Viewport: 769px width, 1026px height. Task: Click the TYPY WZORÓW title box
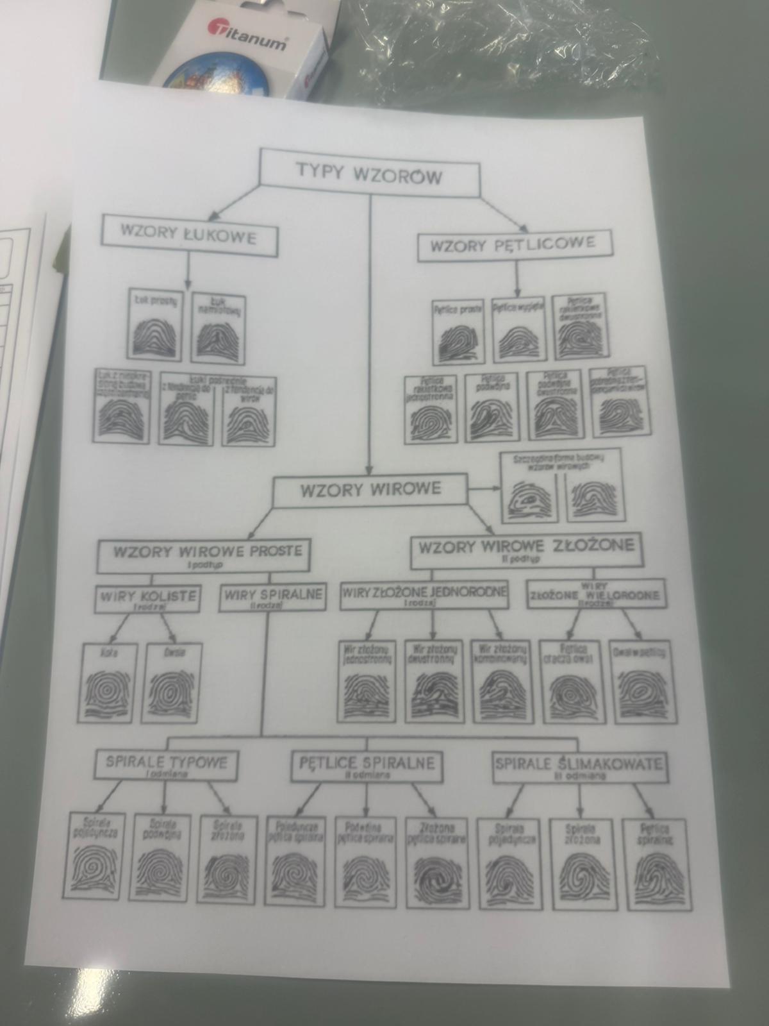(x=369, y=173)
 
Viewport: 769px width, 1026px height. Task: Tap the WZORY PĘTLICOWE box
(x=514, y=245)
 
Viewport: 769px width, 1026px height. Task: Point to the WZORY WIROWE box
(x=371, y=491)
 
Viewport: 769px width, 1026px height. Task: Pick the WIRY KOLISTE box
(x=148, y=599)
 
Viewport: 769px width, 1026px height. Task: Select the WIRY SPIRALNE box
(x=272, y=597)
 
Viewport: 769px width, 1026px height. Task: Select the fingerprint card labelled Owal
(x=174, y=684)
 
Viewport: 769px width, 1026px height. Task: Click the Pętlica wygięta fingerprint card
(x=518, y=328)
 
